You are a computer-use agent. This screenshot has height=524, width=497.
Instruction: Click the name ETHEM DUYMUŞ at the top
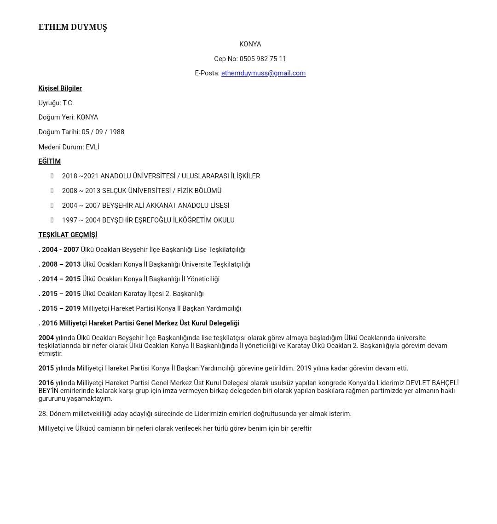(73, 27)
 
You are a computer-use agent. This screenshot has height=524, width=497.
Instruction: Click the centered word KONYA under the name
(250, 44)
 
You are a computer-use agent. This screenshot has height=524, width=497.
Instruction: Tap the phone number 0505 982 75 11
(263, 59)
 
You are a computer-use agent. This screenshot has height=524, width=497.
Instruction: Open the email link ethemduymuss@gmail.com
(263, 73)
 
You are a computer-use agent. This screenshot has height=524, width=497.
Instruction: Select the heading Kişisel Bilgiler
(60, 88)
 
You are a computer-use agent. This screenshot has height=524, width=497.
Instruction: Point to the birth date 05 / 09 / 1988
(103, 132)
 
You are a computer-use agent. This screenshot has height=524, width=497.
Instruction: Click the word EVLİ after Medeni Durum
(92, 147)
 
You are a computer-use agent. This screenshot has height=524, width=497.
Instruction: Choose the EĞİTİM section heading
(49, 161)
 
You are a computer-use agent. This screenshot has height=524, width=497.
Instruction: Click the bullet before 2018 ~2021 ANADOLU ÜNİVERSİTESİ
(52, 176)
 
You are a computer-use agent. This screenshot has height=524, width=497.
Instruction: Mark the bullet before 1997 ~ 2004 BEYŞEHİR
(52, 220)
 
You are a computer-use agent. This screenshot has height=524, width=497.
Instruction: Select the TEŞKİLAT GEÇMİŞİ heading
(68, 235)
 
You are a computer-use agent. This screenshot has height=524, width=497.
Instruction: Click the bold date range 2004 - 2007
(60, 250)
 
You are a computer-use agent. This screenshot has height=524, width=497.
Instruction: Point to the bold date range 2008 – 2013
(61, 264)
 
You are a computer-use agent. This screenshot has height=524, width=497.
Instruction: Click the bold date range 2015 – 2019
(61, 308)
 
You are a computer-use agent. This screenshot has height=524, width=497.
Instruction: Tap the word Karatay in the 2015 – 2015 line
(135, 294)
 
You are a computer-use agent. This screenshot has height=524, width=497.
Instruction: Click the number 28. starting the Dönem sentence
(43, 414)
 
